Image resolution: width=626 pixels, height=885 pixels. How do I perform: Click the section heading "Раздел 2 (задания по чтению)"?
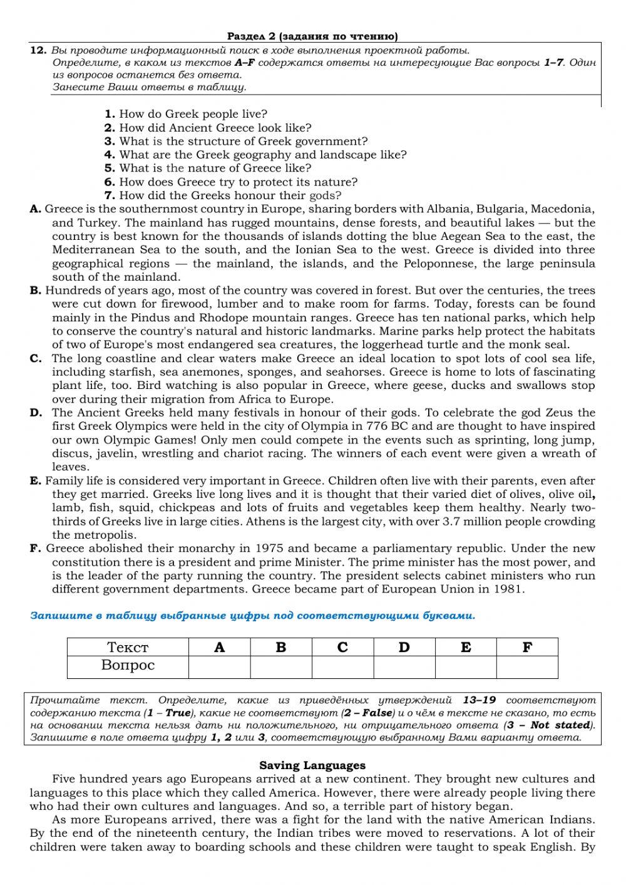tap(312, 36)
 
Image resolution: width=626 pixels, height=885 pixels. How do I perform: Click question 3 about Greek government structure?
tap(236, 141)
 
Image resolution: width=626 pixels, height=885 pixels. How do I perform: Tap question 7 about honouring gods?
tap(223, 195)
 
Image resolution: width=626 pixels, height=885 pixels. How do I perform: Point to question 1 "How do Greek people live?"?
tap(186, 114)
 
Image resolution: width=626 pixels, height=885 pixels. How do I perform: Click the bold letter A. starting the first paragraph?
tap(36, 209)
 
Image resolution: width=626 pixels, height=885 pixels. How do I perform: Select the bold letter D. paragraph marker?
tap(36, 413)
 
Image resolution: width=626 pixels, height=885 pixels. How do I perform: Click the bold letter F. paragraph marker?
tap(36, 549)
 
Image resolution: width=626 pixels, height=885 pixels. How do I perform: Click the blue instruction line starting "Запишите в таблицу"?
tap(252, 616)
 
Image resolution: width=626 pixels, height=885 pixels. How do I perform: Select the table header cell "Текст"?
tap(128, 648)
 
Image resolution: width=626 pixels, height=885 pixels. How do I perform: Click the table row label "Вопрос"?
tap(128, 666)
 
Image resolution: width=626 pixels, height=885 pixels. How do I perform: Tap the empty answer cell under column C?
tap(342, 666)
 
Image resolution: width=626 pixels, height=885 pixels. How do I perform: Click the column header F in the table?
tap(527, 648)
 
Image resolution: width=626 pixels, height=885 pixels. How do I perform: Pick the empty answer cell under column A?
tap(219, 666)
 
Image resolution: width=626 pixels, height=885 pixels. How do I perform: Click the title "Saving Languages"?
tap(312, 765)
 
